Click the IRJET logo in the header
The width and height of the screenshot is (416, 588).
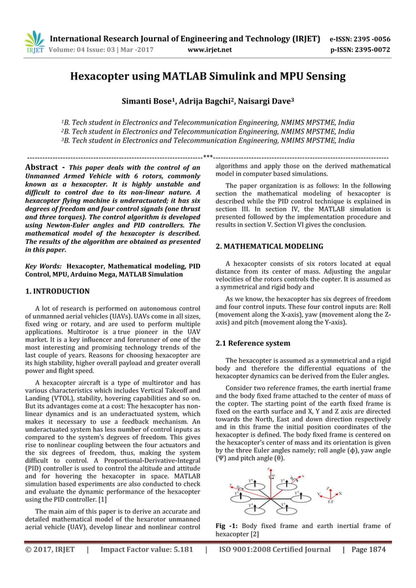(x=33, y=42)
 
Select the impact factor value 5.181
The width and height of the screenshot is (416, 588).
(x=177, y=549)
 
